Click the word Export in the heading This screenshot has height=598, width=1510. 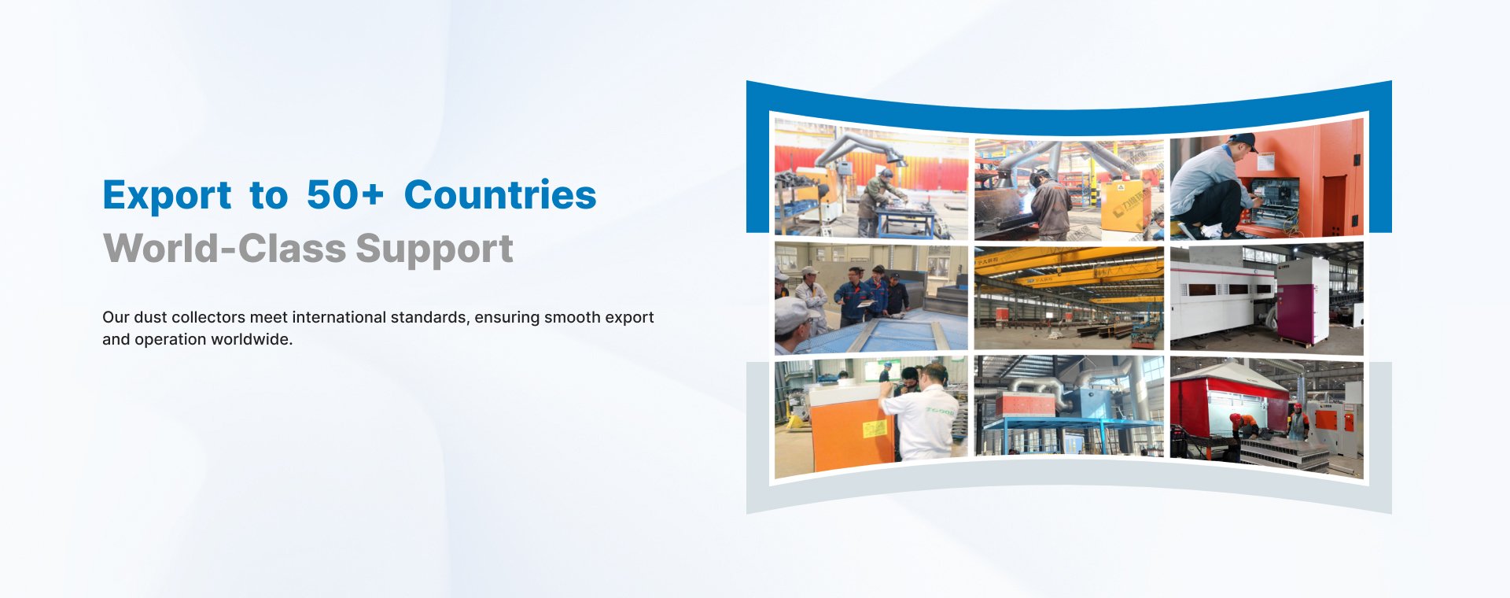point(168,195)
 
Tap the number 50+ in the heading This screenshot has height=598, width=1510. point(345,195)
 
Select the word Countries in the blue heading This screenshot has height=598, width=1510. point(500,194)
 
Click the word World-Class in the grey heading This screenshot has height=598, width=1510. point(224,249)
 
